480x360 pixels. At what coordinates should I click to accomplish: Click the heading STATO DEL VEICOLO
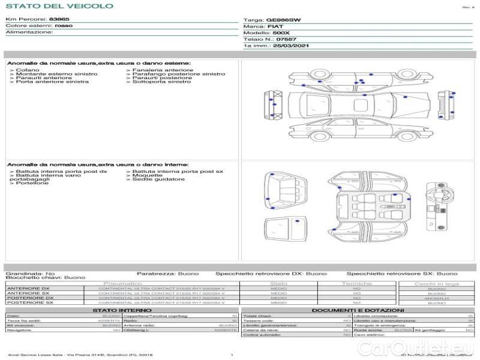59,7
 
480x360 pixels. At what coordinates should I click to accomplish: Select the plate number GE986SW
283,20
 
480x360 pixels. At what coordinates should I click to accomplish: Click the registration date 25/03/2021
290,46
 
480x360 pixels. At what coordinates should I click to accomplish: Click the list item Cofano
27,70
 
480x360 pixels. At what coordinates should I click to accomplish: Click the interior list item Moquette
146,175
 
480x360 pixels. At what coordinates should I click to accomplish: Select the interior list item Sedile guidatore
158,179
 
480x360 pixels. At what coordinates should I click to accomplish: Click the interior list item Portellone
32,183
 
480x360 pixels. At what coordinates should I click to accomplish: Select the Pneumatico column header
123,283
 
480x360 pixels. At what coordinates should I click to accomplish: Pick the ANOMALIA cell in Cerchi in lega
436,298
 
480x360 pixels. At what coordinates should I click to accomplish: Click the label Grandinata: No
30,274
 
